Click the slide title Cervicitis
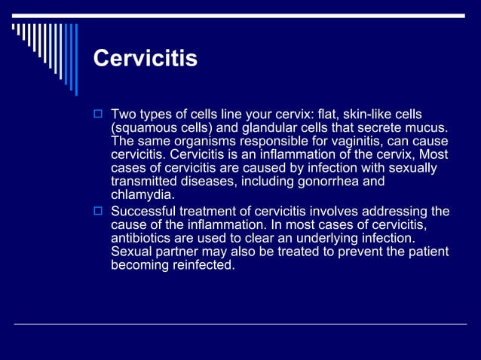pyautogui.click(x=145, y=58)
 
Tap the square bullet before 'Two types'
pyautogui.click(x=97, y=114)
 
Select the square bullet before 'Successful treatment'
pyautogui.click(x=97, y=212)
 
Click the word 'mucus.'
pyautogui.click(x=427, y=127)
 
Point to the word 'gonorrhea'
pyautogui.click(x=337, y=182)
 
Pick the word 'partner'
pyautogui.click(x=180, y=252)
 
